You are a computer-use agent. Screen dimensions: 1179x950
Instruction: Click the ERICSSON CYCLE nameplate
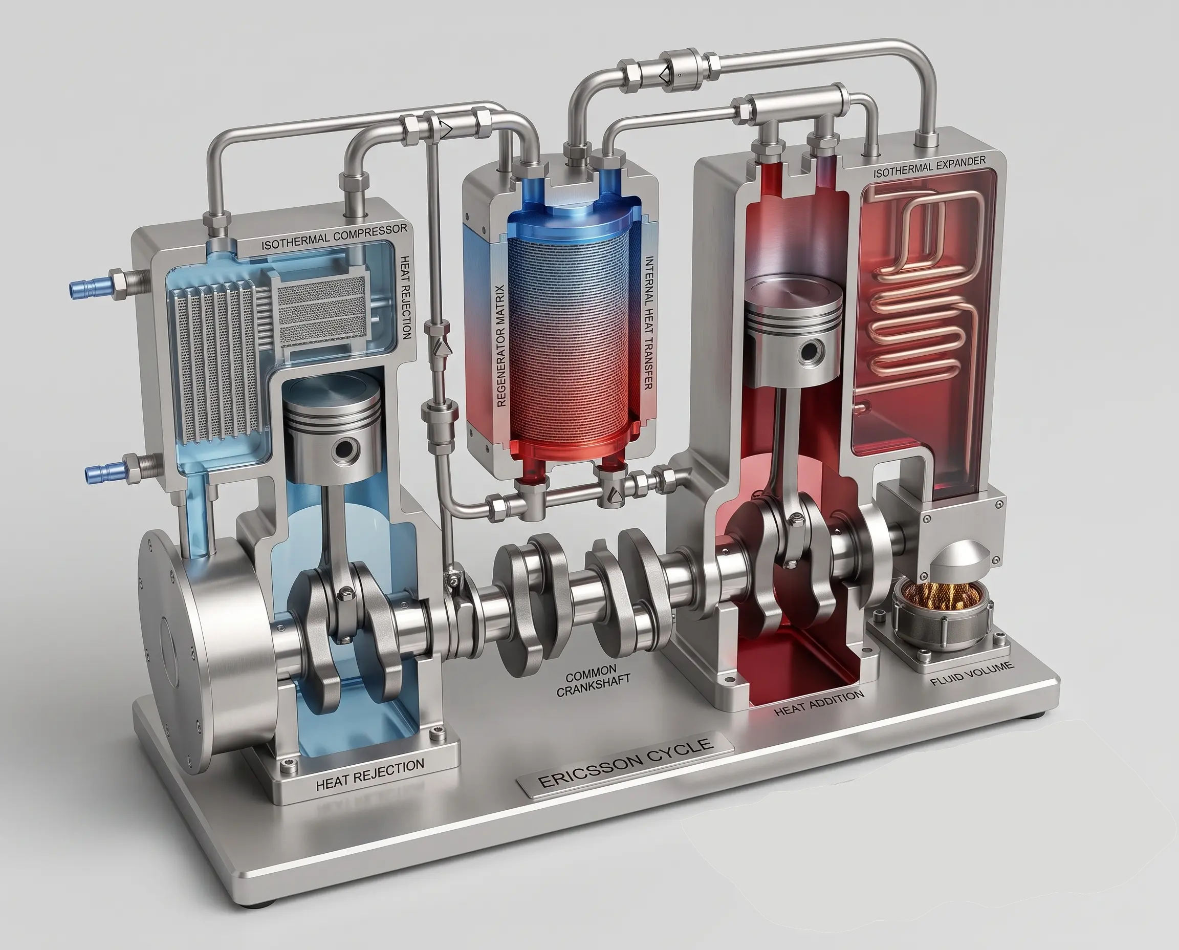click(x=625, y=763)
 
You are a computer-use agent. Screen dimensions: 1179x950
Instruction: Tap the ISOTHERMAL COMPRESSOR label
click(x=334, y=236)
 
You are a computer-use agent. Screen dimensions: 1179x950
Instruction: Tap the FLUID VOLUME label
click(x=972, y=673)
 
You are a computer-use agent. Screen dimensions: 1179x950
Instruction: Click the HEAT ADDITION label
click(x=819, y=703)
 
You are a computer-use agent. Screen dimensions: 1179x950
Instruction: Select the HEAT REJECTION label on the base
click(x=370, y=775)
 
